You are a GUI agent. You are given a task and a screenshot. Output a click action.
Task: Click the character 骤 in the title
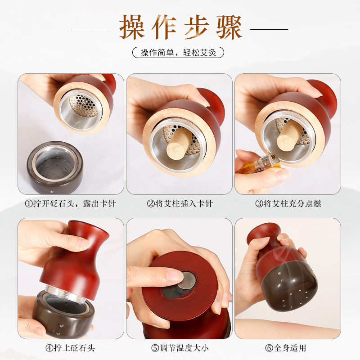tap(229, 27)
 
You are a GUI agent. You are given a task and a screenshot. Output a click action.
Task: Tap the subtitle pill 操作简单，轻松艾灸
tap(178, 53)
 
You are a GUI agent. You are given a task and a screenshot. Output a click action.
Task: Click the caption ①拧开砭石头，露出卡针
tap(71, 204)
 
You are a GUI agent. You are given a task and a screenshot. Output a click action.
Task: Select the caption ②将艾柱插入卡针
tap(180, 204)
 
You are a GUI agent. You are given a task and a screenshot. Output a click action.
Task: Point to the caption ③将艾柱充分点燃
tap(288, 204)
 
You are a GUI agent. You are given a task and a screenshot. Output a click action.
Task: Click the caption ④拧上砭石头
tap(70, 348)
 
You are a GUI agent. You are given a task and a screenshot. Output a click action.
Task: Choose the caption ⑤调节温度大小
tap(180, 348)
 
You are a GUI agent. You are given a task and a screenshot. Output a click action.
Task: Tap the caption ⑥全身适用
tap(286, 348)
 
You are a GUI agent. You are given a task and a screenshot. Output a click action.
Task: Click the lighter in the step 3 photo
tap(262, 164)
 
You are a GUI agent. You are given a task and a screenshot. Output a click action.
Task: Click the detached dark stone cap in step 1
tap(55, 167)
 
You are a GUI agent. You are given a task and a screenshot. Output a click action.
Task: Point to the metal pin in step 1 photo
tap(83, 105)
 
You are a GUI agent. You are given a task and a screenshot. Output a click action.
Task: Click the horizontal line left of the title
tap(90, 29)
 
